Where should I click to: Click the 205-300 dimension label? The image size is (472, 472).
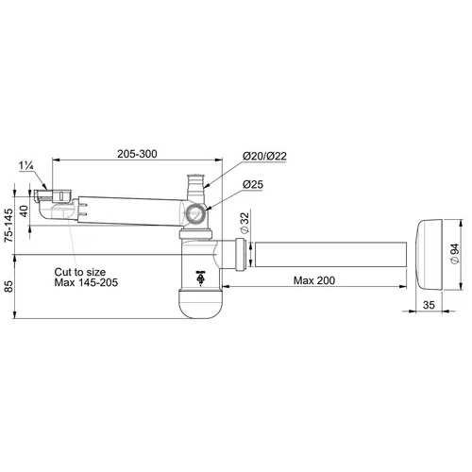click(137, 154)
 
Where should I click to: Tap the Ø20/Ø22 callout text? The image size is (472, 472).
click(264, 156)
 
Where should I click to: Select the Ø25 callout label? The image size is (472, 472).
click(253, 184)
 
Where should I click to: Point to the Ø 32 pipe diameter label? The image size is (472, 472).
click(244, 223)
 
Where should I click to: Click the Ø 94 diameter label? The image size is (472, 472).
click(455, 254)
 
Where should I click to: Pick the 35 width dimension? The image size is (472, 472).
click(429, 305)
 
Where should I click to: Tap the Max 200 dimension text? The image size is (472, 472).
click(314, 280)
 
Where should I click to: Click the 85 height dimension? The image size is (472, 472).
click(9, 286)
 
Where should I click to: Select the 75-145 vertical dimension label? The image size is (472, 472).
click(9, 225)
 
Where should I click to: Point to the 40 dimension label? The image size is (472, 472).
click(24, 211)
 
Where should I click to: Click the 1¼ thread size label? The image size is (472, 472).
click(26, 165)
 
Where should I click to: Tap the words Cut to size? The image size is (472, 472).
click(80, 272)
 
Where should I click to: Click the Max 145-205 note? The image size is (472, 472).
click(86, 282)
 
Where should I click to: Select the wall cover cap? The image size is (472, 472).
click(430, 255)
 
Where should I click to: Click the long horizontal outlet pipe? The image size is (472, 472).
click(330, 255)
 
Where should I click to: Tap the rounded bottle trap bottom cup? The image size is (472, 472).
click(200, 303)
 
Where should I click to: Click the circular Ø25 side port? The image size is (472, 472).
click(195, 214)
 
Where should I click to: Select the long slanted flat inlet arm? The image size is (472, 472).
click(130, 211)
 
